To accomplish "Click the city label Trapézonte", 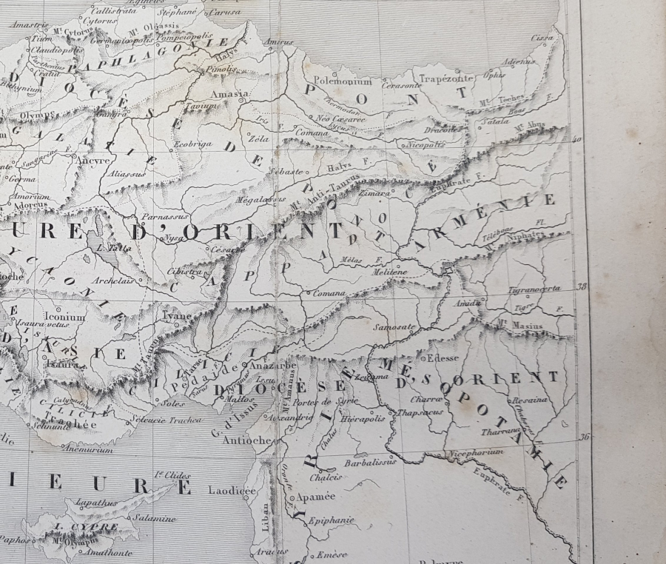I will click(445, 78).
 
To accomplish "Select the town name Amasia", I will click(229, 94).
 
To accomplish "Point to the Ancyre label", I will click(93, 159).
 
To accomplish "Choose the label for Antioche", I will click(242, 440).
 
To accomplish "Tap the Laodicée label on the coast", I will click(232, 490).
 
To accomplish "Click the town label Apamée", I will click(316, 497).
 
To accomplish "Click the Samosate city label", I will click(395, 326).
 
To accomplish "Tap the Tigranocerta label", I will click(534, 288).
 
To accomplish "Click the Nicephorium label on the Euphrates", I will click(475, 451).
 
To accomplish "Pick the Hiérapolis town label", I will click(363, 418).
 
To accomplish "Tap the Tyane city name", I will click(177, 316).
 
